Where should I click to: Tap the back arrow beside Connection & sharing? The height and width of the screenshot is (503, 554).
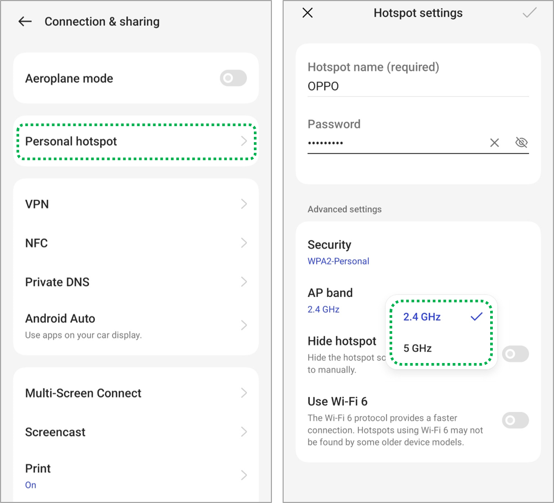24,22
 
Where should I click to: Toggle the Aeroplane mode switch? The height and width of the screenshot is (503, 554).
233,78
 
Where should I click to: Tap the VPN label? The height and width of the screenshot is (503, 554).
37,204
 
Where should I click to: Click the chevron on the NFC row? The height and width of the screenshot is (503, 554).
244,243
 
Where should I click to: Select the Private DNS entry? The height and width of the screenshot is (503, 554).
57,282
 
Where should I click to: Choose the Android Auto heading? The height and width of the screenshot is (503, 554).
60,318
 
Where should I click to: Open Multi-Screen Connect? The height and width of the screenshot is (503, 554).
83,393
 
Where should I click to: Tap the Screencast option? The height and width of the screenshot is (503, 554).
55,432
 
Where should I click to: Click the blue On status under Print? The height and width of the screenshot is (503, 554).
30,485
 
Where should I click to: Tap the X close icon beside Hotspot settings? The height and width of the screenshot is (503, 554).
308,13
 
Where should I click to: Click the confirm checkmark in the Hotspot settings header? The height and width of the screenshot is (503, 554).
530,13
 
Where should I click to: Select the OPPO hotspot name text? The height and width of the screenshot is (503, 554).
323,86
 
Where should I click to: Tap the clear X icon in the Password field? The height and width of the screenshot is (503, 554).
494,143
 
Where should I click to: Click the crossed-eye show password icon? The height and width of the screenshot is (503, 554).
522,143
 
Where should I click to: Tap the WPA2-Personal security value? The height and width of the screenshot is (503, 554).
338,261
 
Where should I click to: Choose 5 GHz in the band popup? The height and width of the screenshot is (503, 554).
417,348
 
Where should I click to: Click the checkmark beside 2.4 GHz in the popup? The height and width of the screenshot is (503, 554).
477,316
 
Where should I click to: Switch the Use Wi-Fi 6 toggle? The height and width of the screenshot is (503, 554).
516,420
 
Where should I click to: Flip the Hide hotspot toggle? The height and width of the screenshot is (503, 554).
516,354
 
